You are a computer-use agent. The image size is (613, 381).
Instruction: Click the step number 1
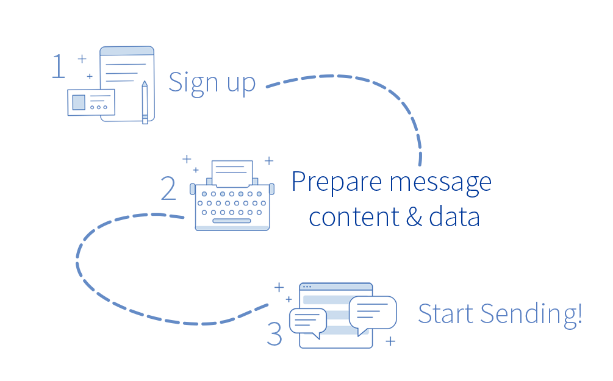[x=57, y=66]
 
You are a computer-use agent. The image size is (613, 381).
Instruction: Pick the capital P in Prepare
[x=298, y=181]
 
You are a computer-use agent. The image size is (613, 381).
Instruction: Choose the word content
[x=354, y=216]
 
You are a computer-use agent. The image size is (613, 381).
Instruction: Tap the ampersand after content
[x=414, y=217]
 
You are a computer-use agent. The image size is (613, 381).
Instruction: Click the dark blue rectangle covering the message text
[x=455, y=198]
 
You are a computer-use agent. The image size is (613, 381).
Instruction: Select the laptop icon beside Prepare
[x=228, y=193]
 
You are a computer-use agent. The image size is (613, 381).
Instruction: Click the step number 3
[x=274, y=336]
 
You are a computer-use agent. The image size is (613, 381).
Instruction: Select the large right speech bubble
[x=373, y=312]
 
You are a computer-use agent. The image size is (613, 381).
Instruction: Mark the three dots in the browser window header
[x=306, y=287]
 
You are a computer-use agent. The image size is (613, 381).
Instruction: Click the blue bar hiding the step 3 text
[x=497, y=316]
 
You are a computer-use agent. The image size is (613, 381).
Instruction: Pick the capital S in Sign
[x=175, y=82]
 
